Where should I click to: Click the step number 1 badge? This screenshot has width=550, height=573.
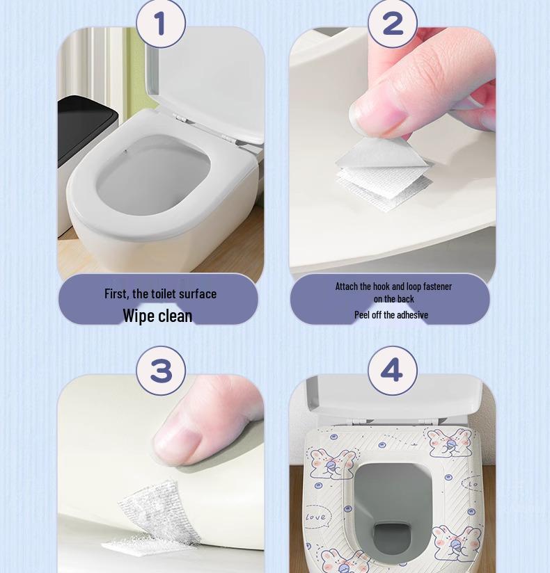[x=161, y=24]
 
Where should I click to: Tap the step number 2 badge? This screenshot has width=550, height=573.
[x=392, y=24]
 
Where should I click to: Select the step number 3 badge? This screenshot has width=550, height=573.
[x=161, y=371]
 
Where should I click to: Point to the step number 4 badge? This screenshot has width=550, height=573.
[x=392, y=371]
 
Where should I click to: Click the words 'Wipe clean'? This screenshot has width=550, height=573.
[x=157, y=316]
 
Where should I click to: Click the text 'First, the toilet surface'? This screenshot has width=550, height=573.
[x=160, y=294]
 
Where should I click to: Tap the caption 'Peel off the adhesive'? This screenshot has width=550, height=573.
[x=391, y=314]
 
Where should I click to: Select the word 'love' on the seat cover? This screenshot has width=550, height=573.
[x=315, y=517]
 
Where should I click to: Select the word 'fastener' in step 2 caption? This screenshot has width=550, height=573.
[x=437, y=286]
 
